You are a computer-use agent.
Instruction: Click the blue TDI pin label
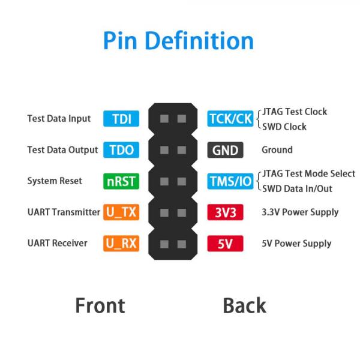pyautogui.click(x=121, y=119)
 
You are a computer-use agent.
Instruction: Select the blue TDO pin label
pyautogui.click(x=121, y=150)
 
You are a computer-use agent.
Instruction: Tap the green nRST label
pyautogui.click(x=121, y=181)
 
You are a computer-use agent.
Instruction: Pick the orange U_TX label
pyautogui.click(x=121, y=212)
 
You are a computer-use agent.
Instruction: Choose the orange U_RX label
pyautogui.click(x=121, y=244)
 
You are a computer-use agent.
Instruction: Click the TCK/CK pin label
pyautogui.click(x=230, y=119)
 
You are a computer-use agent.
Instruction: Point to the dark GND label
pyautogui.click(x=226, y=150)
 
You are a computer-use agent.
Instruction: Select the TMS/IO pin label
pyautogui.click(x=230, y=181)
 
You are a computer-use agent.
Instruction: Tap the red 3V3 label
pyautogui.click(x=226, y=212)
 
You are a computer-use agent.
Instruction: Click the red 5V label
pyautogui.click(x=226, y=244)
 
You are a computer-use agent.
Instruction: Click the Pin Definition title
pyautogui.click(x=178, y=41)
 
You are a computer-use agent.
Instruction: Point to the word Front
pyautogui.click(x=100, y=305)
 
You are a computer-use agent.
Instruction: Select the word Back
pyautogui.click(x=244, y=305)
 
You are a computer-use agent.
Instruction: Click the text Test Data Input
pyautogui.click(x=59, y=119)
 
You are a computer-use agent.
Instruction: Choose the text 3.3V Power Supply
pyautogui.click(x=300, y=212)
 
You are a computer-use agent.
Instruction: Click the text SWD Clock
pyautogui.click(x=284, y=127)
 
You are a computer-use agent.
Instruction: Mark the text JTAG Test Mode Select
pyautogui.click(x=308, y=174)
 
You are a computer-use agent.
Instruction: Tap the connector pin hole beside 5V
pyautogui.click(x=181, y=244)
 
